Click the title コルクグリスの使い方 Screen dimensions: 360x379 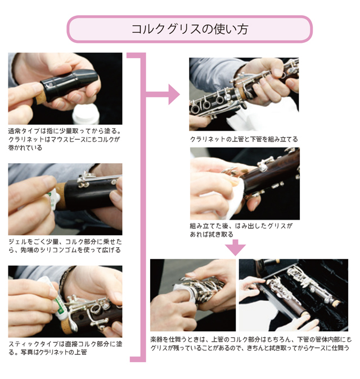pos(190,29)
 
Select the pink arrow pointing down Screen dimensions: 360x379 pos(236,247)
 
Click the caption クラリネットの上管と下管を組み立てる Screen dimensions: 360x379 pos(244,139)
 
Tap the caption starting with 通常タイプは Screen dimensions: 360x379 pos(65,140)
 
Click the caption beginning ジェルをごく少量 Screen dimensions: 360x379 pos(65,246)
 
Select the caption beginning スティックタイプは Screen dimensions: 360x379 pos(65,348)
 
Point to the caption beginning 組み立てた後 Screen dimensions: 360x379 pos(241,230)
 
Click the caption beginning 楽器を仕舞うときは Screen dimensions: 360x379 pos(251,344)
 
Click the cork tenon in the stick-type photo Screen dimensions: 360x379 pos(67,327)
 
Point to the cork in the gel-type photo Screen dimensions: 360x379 pos(61,196)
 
